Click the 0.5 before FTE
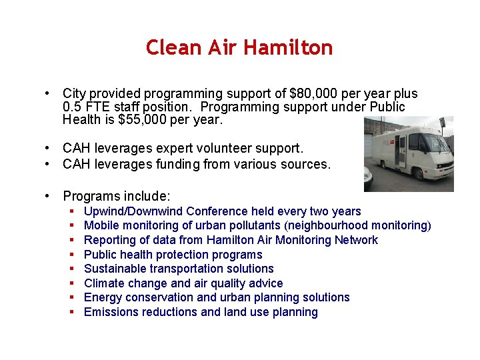click(72, 107)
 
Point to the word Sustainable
click(113, 269)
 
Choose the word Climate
click(103, 283)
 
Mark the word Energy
click(102, 297)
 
